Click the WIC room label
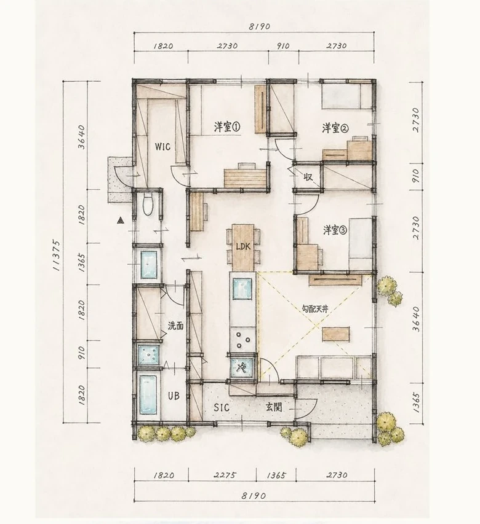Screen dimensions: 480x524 point(162,146)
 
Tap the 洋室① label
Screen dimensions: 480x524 point(227,127)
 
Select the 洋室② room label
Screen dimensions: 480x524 point(335,128)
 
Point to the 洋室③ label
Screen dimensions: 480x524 point(335,230)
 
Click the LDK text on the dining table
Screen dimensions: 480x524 point(243,247)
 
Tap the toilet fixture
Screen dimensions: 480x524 point(148,203)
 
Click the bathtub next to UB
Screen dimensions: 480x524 point(148,394)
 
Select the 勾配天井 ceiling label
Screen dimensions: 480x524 point(314,310)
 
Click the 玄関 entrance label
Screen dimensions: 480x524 point(274,407)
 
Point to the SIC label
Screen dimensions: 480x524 point(222,407)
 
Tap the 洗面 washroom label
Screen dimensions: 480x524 point(176,326)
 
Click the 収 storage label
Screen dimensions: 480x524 point(308,177)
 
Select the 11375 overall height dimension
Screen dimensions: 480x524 point(56,255)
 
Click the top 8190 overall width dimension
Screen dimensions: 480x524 point(260,26)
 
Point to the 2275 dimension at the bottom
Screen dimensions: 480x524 point(225,475)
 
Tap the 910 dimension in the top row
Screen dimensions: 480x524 point(283,46)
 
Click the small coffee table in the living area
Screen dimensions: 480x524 point(336,334)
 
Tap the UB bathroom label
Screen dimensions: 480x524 point(174,396)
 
